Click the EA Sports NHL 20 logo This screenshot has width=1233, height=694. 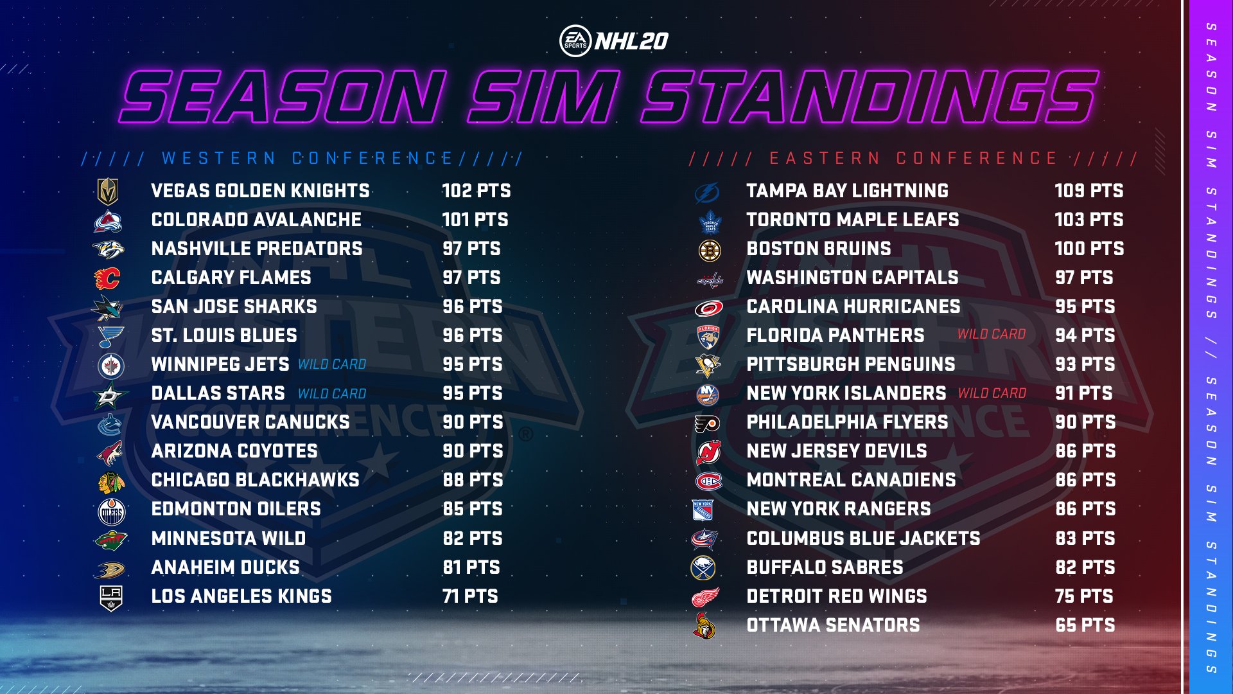click(614, 41)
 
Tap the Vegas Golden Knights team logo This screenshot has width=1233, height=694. click(108, 191)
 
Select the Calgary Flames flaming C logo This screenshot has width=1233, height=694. click(107, 278)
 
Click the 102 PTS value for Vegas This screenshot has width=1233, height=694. click(476, 191)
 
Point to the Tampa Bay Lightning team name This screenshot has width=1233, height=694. click(847, 191)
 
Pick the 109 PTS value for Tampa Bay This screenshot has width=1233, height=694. click(1089, 191)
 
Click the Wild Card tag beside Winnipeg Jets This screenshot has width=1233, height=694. click(332, 364)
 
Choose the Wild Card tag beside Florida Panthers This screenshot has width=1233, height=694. click(992, 334)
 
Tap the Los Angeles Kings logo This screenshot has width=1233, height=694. click(111, 598)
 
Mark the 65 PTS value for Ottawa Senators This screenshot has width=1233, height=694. click(1085, 625)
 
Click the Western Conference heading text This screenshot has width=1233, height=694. click(308, 159)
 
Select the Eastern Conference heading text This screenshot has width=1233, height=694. click(913, 159)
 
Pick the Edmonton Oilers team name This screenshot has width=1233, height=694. click(236, 509)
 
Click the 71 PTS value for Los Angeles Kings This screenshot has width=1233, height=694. click(470, 596)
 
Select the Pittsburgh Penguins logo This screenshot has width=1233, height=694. click(708, 366)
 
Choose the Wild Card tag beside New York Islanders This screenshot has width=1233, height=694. click(992, 393)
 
